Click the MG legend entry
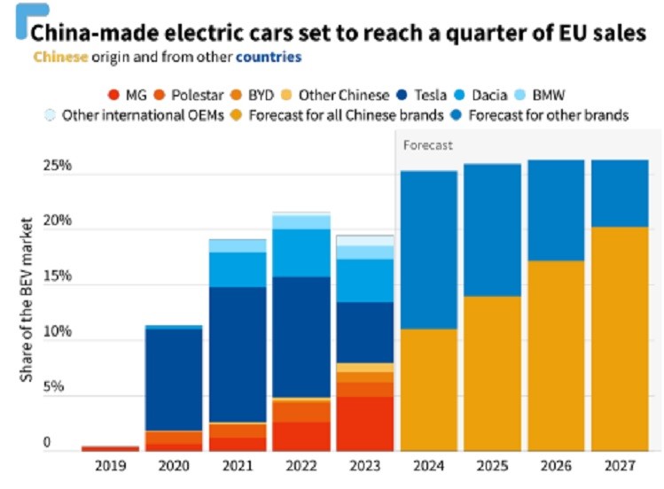click(129, 94)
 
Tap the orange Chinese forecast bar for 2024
click(428, 390)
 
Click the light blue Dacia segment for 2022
click(299, 252)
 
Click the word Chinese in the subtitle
click(60, 57)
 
